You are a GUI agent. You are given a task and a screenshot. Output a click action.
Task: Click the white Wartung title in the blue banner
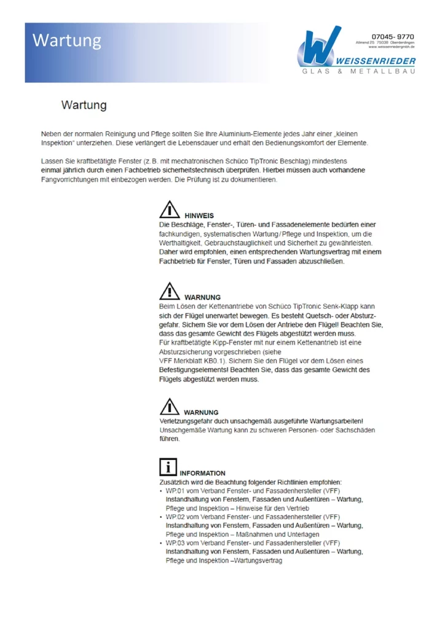(x=67, y=41)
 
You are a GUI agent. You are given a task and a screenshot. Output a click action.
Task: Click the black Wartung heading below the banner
(x=84, y=105)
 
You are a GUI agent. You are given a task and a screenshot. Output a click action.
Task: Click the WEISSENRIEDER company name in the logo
(x=376, y=61)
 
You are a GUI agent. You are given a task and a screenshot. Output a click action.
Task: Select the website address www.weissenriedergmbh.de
(x=392, y=47)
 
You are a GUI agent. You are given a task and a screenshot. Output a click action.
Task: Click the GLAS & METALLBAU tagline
(x=358, y=72)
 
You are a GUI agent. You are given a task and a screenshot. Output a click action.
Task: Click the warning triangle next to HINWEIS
(x=170, y=211)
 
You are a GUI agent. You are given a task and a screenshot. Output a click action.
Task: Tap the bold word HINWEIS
(x=199, y=216)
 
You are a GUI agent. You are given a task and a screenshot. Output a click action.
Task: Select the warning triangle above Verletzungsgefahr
(x=170, y=407)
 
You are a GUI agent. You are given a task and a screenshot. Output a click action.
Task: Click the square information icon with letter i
(x=168, y=467)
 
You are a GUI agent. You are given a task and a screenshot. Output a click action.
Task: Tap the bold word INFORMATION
(x=202, y=473)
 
